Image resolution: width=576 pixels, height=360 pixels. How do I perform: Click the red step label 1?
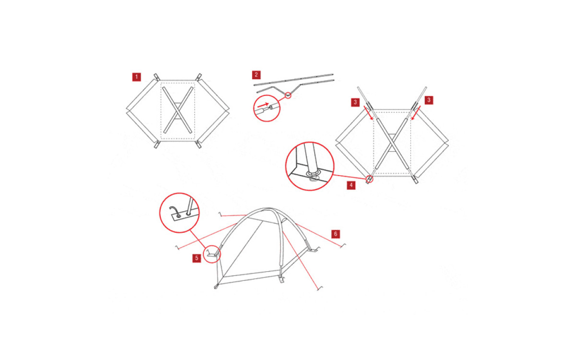[x=136, y=77]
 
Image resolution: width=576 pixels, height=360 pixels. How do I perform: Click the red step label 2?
[x=256, y=75]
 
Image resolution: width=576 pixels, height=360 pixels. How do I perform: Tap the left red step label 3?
[x=355, y=102]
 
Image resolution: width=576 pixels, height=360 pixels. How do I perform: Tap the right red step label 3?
[x=429, y=100]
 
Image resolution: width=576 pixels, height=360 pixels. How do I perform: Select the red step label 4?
[x=351, y=185]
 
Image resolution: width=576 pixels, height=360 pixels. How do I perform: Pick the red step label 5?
[x=197, y=258]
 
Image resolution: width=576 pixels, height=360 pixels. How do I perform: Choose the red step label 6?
[x=336, y=234]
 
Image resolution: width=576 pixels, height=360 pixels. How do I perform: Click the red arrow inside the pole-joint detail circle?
[x=263, y=105]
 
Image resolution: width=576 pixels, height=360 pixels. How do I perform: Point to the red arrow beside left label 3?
[x=368, y=113]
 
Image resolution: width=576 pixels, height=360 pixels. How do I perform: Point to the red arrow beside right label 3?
[x=416, y=113]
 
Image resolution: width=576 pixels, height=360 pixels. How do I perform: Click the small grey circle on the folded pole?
[x=288, y=96]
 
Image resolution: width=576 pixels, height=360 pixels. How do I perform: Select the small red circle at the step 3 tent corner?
[x=369, y=179]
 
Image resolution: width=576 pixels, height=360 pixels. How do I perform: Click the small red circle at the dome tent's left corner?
[x=212, y=254]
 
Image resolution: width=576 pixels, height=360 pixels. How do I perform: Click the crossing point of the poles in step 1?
[x=178, y=110]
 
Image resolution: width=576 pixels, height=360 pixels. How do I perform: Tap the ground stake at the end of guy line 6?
[x=343, y=246]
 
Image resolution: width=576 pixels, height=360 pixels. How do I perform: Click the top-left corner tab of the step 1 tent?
[x=157, y=77]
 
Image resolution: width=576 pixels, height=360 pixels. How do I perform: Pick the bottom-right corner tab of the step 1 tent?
[x=199, y=144]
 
